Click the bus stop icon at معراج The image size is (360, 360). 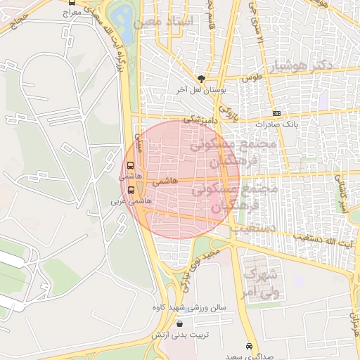(72, 4)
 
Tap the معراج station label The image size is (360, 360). (72, 13)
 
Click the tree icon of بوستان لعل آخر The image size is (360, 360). (202, 79)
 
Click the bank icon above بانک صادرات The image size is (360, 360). (276, 113)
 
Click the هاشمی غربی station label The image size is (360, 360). (121, 200)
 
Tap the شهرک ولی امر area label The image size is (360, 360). (261, 281)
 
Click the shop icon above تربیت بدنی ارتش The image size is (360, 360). (181, 324)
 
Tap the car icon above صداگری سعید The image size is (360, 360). (250, 347)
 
